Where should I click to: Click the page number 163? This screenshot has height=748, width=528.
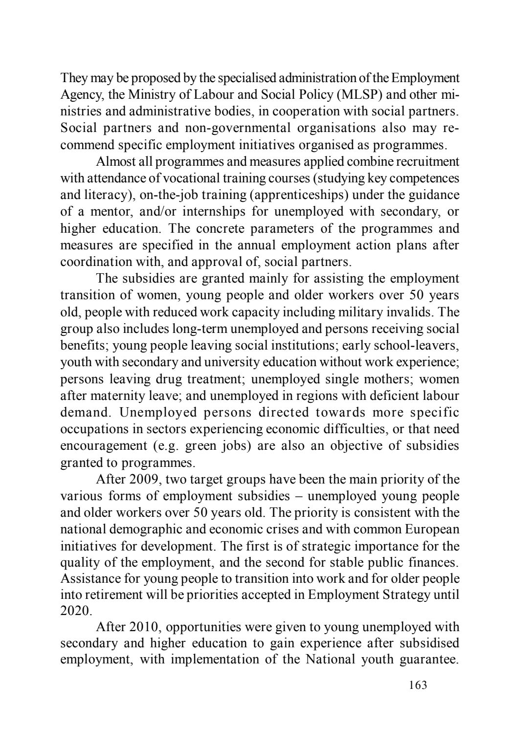point(418,685)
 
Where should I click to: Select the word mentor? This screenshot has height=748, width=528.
point(112,212)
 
